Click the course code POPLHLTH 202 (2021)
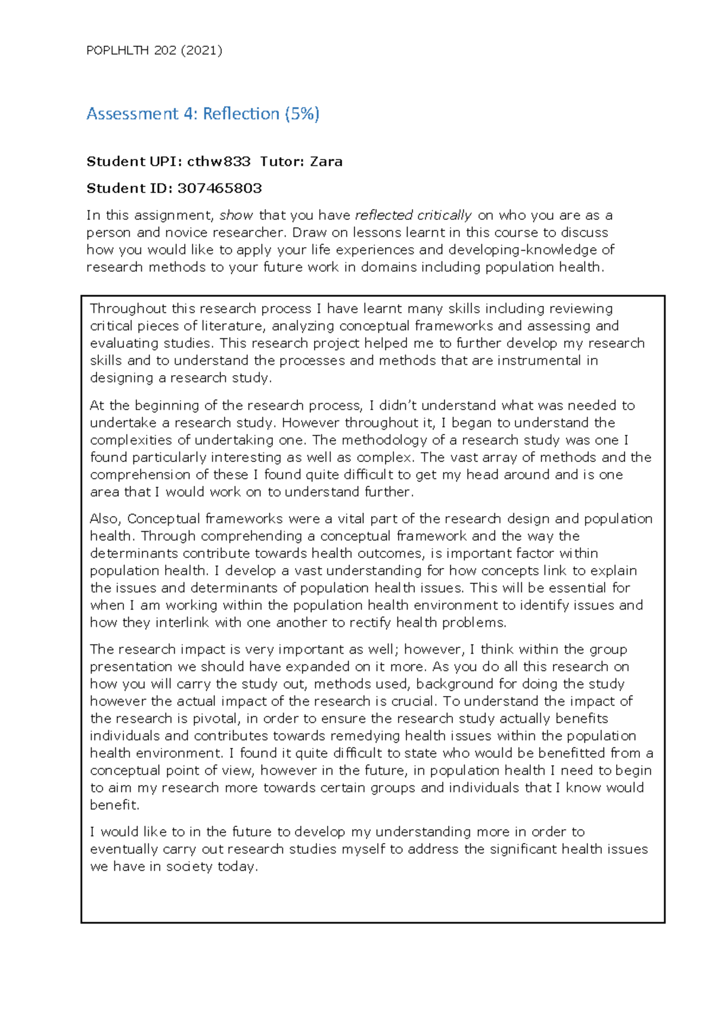[x=154, y=51]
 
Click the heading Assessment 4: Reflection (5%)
[x=203, y=114]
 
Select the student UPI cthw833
[x=218, y=161]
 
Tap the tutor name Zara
[x=326, y=161]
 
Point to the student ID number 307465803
[x=219, y=188]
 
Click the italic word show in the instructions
[x=236, y=215]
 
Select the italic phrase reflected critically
[x=413, y=215]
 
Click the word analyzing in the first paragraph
[x=303, y=326]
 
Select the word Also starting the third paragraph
[x=105, y=519]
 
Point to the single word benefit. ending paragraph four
[x=114, y=805]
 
